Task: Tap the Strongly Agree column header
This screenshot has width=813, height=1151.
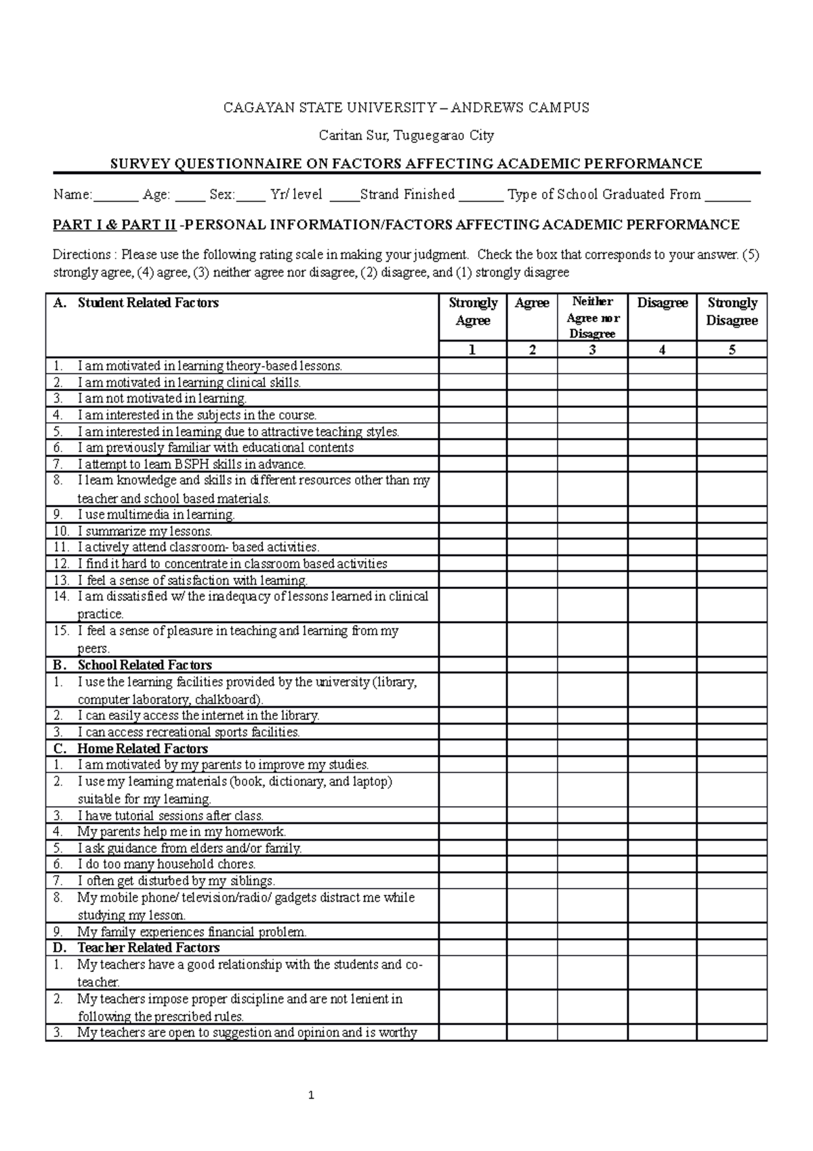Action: pyautogui.click(x=473, y=312)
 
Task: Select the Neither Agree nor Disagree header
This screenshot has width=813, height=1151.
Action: pyautogui.click(x=593, y=317)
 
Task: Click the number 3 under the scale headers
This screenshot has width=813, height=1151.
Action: pyautogui.click(x=593, y=350)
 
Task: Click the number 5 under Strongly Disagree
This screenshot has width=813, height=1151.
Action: pyautogui.click(x=732, y=350)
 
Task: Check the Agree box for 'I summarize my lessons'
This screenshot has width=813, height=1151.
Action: pyautogui.click(x=532, y=531)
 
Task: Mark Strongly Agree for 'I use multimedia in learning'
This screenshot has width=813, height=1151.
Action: pyautogui.click(x=473, y=514)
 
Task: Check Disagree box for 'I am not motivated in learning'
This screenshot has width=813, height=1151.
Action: pyautogui.click(x=662, y=399)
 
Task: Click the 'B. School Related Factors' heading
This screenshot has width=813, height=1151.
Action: pyautogui.click(x=144, y=665)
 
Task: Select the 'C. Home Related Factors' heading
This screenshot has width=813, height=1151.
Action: pyautogui.click(x=142, y=748)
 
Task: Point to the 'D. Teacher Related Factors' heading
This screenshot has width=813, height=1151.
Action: pyautogui.click(x=148, y=948)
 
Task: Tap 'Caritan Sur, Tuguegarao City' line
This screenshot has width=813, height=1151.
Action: pyautogui.click(x=406, y=135)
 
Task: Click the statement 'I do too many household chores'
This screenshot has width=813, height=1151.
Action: pyautogui.click(x=166, y=864)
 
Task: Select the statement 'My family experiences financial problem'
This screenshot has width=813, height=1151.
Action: pyautogui.click(x=192, y=931)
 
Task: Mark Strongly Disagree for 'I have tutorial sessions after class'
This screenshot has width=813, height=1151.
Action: pyautogui.click(x=732, y=815)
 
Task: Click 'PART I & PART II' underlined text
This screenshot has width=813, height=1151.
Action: pyautogui.click(x=114, y=224)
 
